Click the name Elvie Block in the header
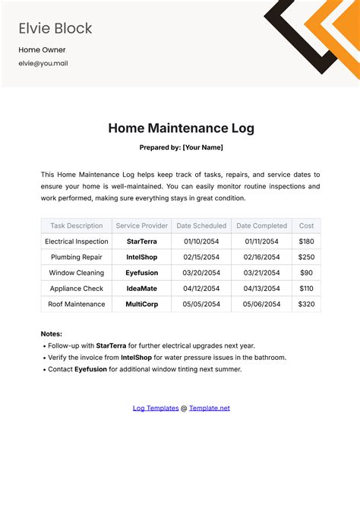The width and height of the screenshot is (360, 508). coord(55,29)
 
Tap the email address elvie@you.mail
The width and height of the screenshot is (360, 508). coord(43,64)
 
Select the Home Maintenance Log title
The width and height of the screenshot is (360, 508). coord(181,128)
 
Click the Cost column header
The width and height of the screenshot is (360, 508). coord(306,226)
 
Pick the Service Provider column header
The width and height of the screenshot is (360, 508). coord(141,226)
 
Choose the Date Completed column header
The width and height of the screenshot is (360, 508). coord(261,226)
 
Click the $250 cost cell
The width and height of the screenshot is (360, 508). coord(306,257)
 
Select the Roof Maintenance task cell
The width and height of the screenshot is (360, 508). coord(77,304)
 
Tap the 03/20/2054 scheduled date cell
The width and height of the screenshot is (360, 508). coord(201,273)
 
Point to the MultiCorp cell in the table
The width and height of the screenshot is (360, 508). coord(141,304)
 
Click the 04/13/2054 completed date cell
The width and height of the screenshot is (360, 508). coord(261,289)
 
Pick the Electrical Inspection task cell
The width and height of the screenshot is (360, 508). coord(77,241)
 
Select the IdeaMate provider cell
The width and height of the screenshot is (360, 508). coord(141,289)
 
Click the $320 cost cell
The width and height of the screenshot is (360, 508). coord(306,304)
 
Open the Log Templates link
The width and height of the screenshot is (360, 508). coord(156,408)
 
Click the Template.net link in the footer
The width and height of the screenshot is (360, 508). coord(210,408)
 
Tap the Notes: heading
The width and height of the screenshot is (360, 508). coord(52,333)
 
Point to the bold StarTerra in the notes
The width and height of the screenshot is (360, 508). coord(112,346)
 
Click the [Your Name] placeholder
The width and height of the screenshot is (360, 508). coord(203,147)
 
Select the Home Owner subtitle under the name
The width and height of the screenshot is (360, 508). coord(41,50)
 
